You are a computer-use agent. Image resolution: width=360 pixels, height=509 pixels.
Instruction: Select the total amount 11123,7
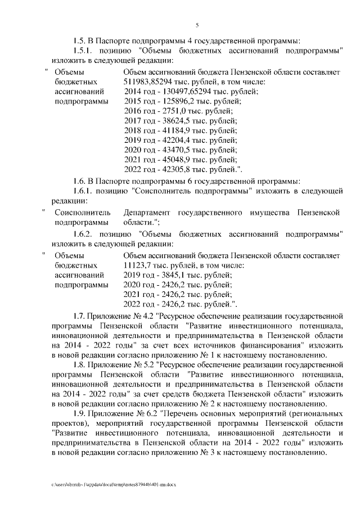[x=137, y=265]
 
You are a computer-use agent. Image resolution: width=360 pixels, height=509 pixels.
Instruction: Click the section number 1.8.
[x=79, y=365]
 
